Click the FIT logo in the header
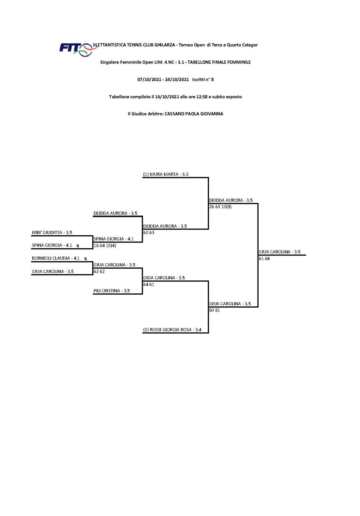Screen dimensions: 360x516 click(75, 49)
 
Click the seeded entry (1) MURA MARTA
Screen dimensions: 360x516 click(166, 175)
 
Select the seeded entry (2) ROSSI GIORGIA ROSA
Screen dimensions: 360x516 click(172, 330)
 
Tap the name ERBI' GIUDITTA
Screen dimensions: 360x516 click(47, 233)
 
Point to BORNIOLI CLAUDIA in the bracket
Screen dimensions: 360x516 click(51, 258)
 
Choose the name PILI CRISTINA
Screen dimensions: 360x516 click(107, 291)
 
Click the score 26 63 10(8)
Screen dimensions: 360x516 click(220, 207)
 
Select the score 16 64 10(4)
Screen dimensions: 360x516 click(105, 246)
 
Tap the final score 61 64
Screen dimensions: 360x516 click(264, 259)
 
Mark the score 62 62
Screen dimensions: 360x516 click(99, 271)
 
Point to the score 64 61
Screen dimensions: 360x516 click(149, 284)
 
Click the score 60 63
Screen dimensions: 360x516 click(149, 233)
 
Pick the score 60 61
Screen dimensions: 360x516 click(214, 310)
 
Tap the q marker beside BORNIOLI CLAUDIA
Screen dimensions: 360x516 click(85, 259)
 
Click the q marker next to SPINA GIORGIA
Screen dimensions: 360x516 click(78, 246)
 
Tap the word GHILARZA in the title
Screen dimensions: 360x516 click(165, 45)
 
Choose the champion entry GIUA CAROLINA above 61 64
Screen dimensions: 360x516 click(279, 252)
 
